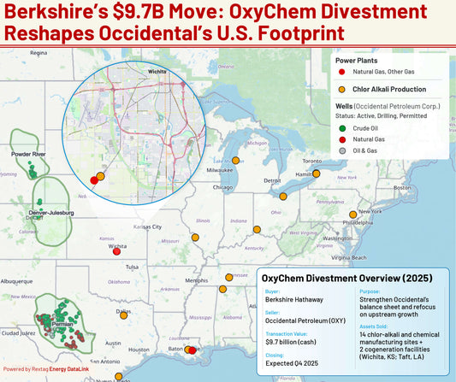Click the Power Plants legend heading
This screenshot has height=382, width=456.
click(x=358, y=60)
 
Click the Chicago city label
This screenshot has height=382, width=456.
click(x=222, y=187)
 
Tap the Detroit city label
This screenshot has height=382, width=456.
click(x=273, y=180)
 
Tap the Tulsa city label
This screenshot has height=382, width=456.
click(x=131, y=267)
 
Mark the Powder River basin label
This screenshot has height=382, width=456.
click(x=29, y=154)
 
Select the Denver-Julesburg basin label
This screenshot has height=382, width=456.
click(x=48, y=211)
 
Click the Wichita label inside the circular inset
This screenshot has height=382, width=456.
click(x=157, y=71)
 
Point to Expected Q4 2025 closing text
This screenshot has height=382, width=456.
click(x=289, y=362)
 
